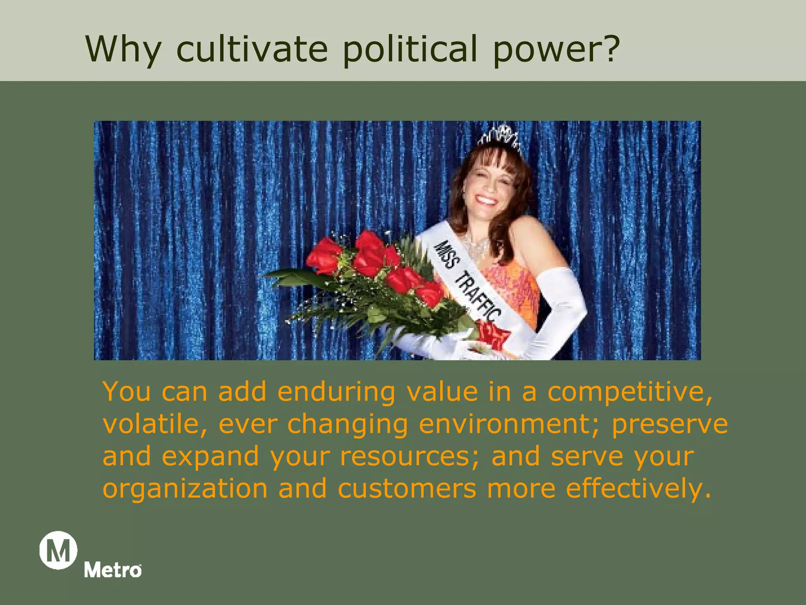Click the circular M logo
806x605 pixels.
pos(58,550)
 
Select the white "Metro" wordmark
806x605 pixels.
pos(113,570)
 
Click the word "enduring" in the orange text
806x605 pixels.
pos(336,392)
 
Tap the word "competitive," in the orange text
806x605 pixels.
pos(630,392)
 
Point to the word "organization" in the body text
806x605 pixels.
pos(185,488)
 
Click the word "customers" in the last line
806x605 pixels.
pos(407,488)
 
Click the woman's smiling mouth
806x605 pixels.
pos(487,200)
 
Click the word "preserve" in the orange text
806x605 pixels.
pos(669,425)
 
